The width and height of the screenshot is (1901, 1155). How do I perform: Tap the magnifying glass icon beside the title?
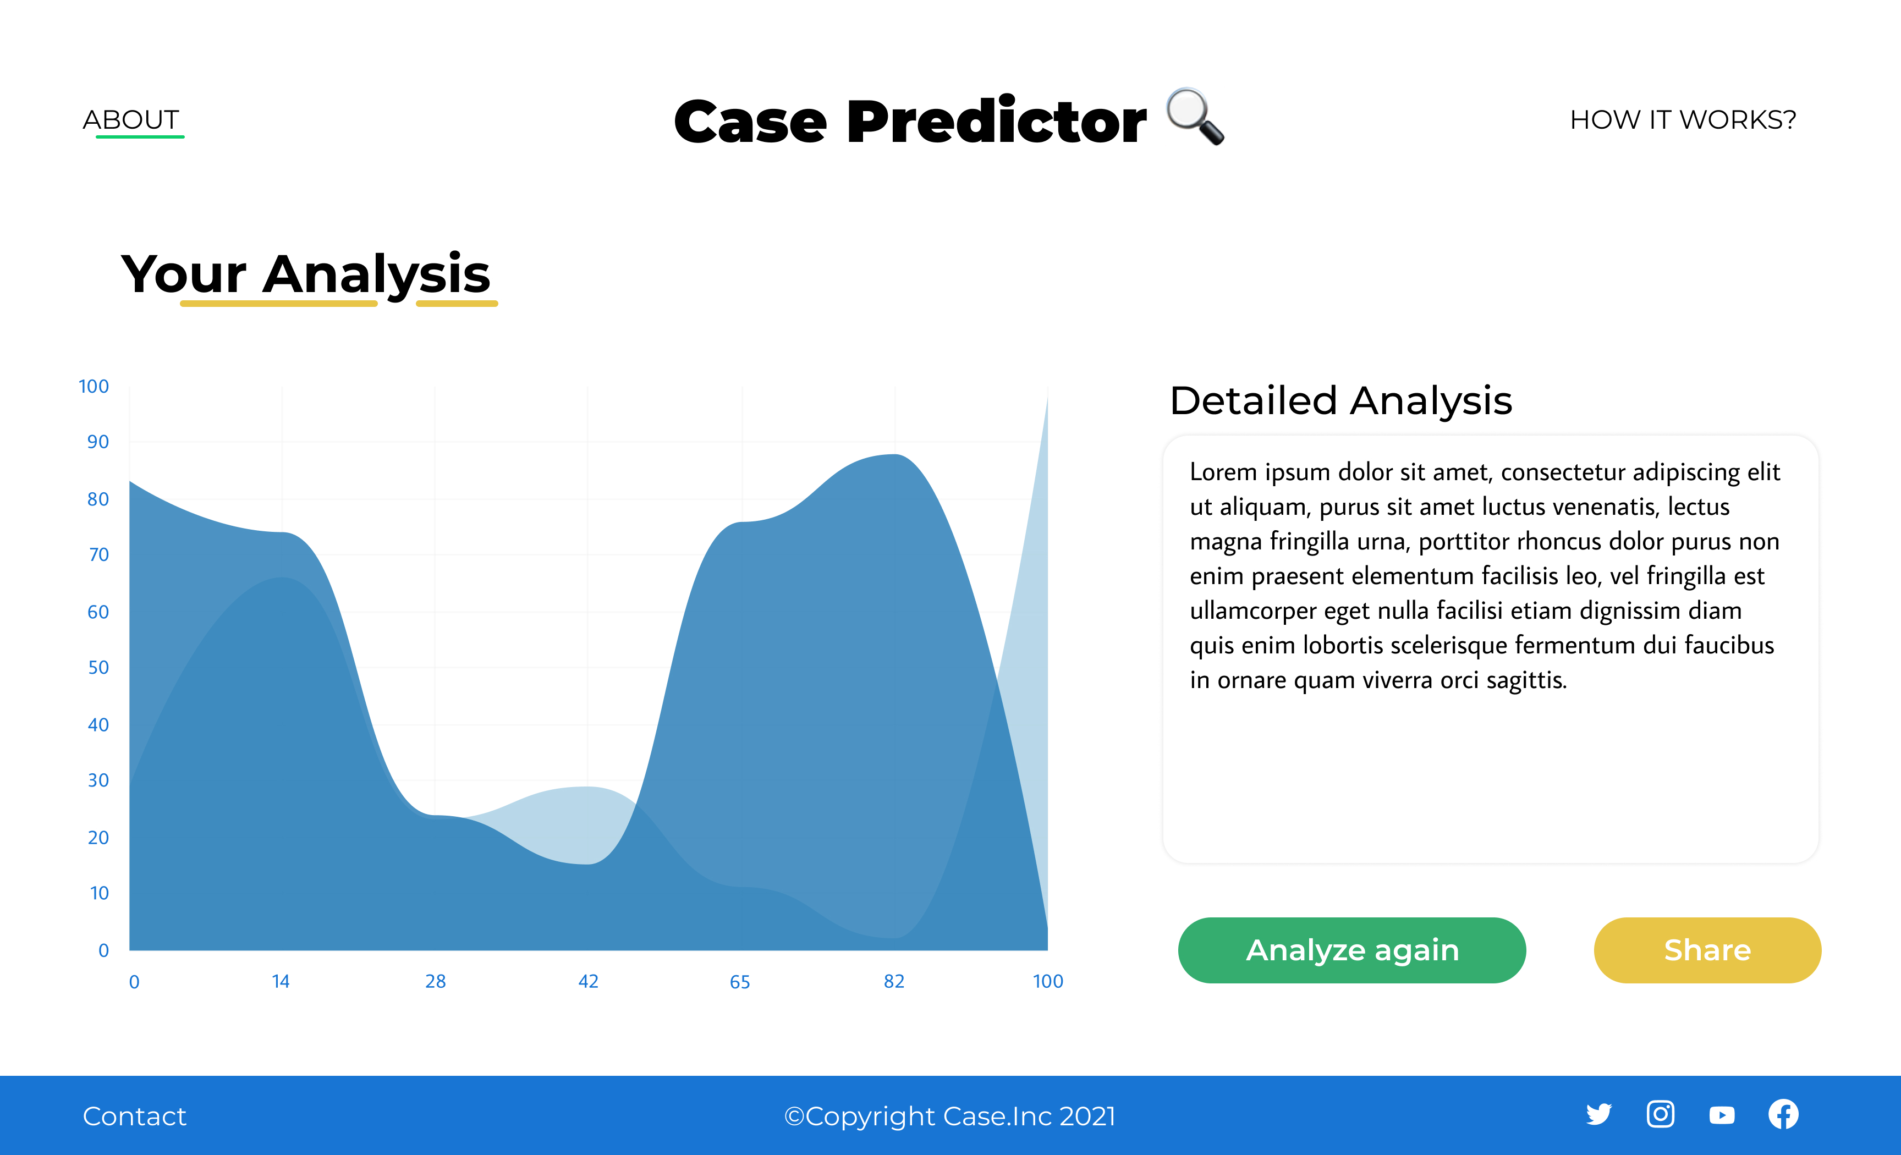[x=1194, y=117]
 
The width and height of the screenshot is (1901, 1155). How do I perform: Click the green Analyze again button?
[x=1351, y=950]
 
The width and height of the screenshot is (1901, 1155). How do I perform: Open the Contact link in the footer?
[x=134, y=1115]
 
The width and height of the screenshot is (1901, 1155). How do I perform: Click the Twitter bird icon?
[x=1598, y=1114]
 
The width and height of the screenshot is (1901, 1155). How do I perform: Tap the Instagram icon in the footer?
[x=1660, y=1114]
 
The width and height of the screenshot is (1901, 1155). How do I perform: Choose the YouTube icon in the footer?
[x=1722, y=1115]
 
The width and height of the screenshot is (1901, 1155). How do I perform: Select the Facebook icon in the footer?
[x=1783, y=1114]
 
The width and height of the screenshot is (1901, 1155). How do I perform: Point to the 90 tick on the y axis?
[x=98, y=442]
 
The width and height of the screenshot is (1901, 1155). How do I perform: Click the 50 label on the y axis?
[x=98, y=667]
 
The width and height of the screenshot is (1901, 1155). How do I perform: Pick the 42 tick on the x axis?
[x=589, y=981]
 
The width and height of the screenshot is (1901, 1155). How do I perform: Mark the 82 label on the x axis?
[x=894, y=981]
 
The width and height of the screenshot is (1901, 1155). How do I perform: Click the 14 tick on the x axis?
[x=281, y=981]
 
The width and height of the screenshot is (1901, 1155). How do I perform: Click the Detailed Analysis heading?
[x=1341, y=401]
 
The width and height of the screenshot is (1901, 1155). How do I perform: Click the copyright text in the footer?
[x=950, y=1115]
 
